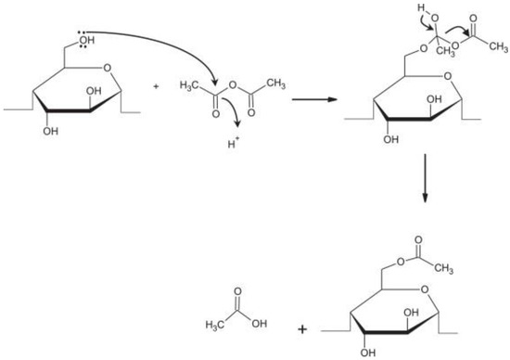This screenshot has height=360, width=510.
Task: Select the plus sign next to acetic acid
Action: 302,328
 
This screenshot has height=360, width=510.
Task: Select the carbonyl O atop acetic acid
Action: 238,290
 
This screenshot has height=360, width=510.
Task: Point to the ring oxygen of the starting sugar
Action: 106,67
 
